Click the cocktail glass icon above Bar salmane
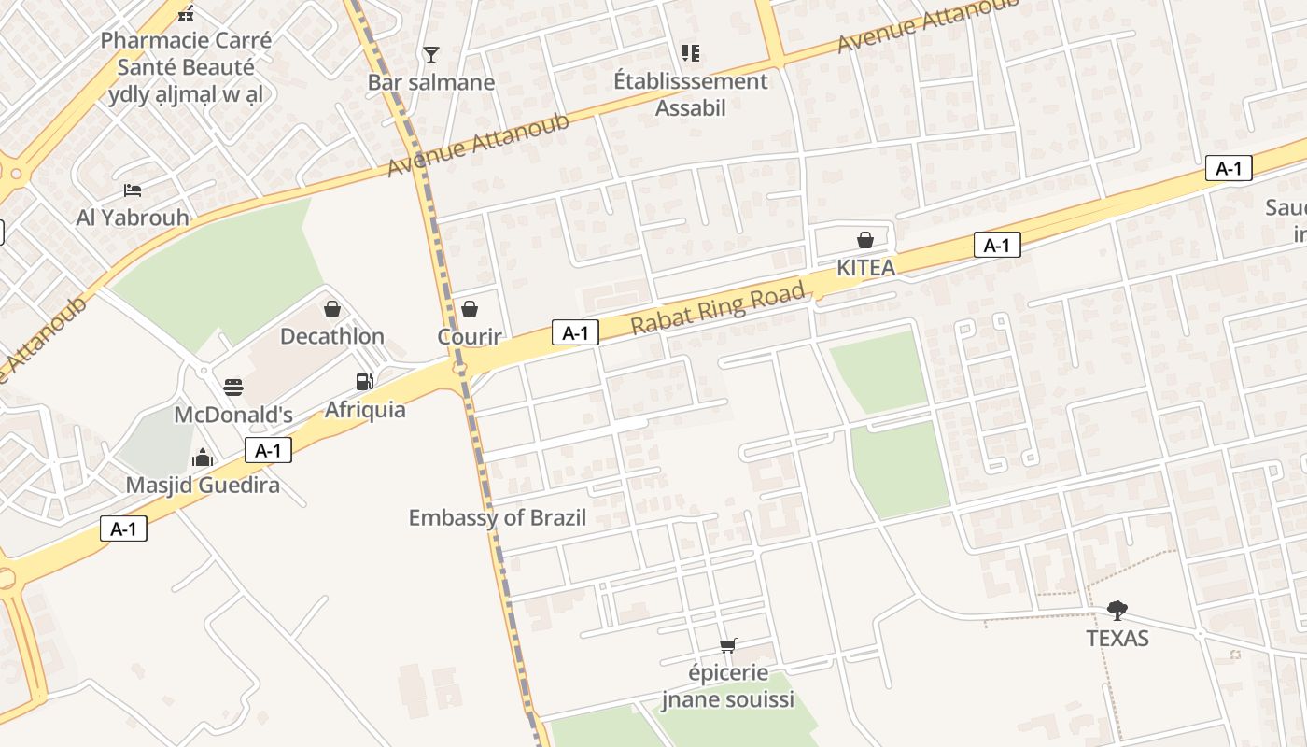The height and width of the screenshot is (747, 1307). (430, 54)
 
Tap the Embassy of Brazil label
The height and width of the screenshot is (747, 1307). (497, 517)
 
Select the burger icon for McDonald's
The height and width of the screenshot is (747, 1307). (233, 388)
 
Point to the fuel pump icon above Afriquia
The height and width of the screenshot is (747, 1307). (364, 382)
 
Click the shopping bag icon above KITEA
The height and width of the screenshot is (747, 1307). (865, 240)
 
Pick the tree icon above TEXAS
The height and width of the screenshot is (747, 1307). (1117, 611)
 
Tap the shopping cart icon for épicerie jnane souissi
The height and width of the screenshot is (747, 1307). (728, 645)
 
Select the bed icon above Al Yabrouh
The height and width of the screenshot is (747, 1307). (133, 190)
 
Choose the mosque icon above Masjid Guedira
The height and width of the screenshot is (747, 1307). (203, 458)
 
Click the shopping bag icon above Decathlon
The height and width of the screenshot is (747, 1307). (331, 309)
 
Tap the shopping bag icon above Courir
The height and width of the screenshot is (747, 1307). (470, 309)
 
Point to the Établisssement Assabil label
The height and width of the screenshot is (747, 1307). (690, 94)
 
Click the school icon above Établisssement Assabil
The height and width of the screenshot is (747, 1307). (690, 53)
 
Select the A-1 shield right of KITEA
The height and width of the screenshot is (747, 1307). (997, 246)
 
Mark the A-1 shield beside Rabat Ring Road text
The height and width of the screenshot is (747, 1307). (575, 332)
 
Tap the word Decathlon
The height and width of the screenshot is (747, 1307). (331, 336)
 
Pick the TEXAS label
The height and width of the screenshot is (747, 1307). (1117, 639)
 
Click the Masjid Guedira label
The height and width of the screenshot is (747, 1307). (203, 486)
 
